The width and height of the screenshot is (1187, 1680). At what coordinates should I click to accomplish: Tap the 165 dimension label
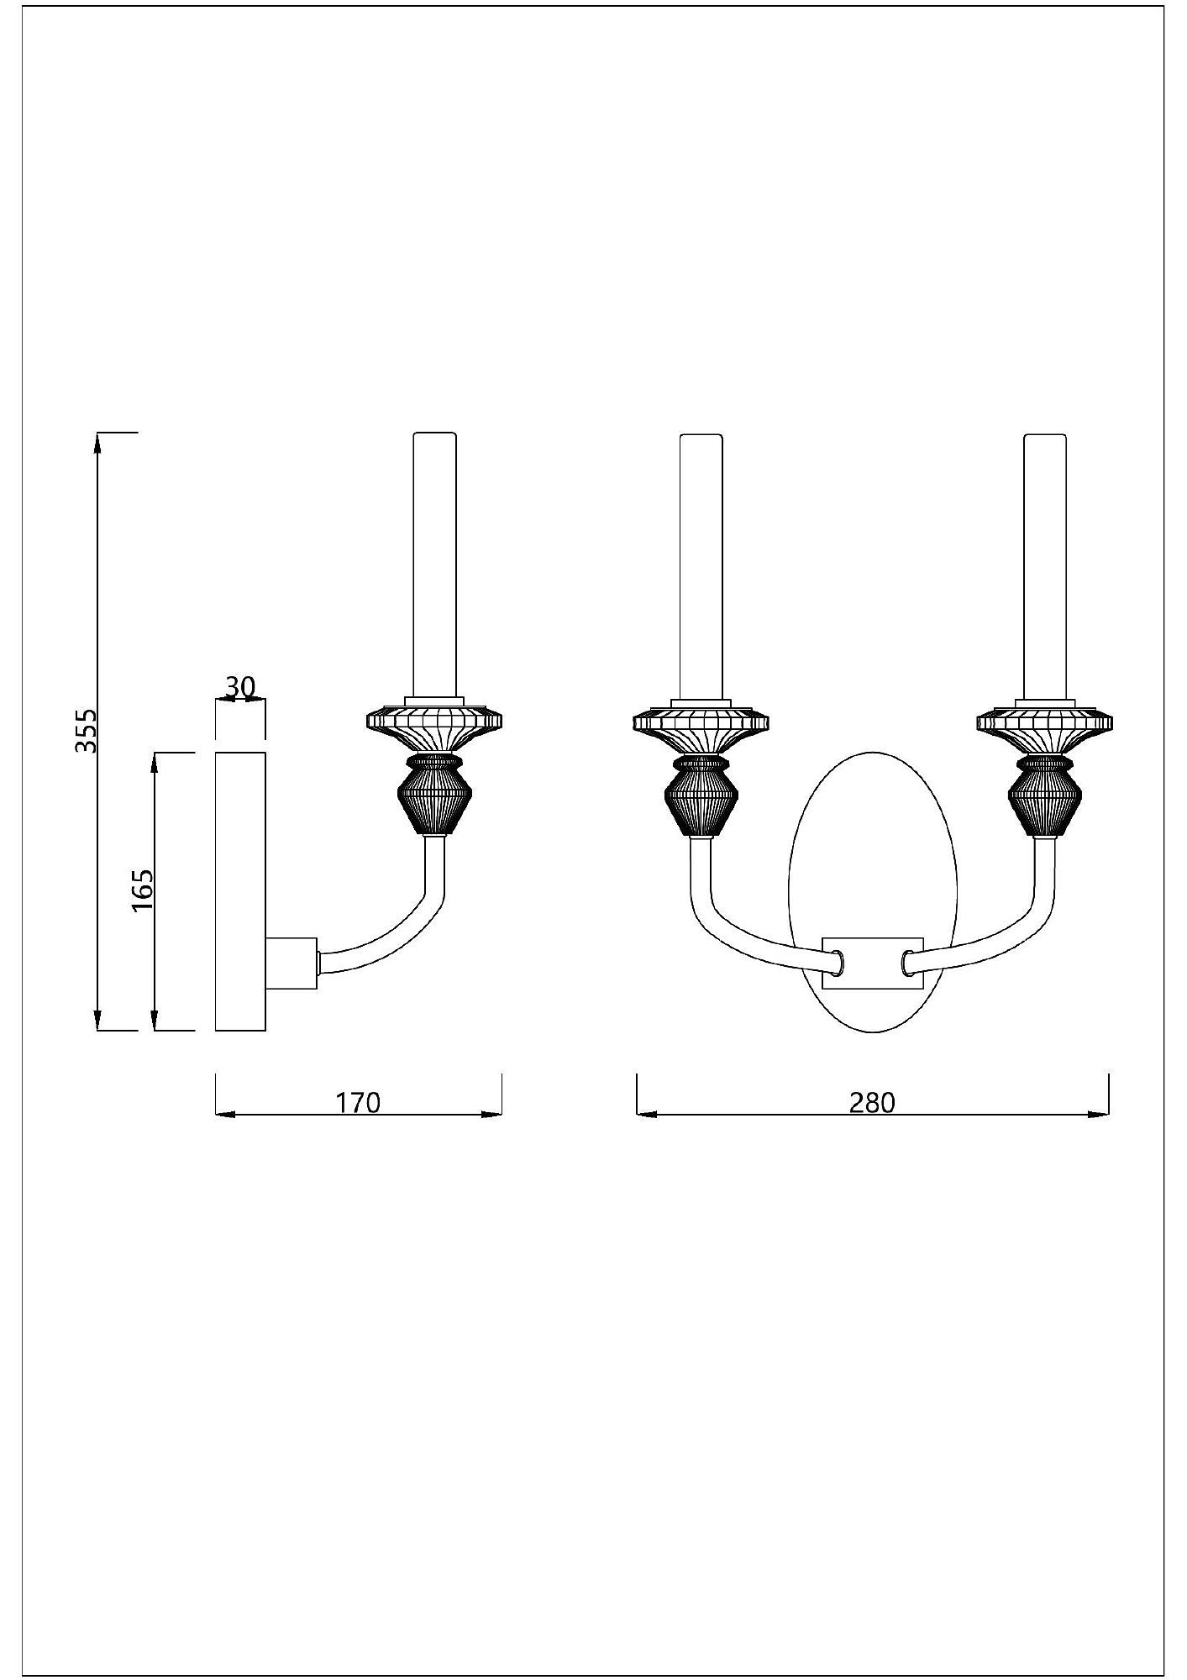coord(142,890)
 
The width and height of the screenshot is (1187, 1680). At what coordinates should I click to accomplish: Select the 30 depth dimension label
coord(239,687)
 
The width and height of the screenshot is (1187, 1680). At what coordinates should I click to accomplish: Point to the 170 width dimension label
coord(359,1101)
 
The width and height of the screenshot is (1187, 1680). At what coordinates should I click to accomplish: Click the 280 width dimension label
coord(872,1101)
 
